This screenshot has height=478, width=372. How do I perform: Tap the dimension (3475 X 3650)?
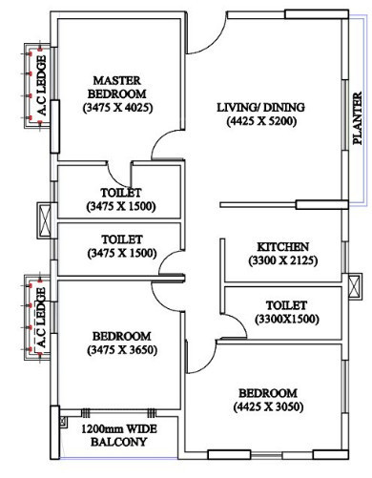(121, 350)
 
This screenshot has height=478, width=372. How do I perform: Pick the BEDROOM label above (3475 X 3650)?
(121, 336)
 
